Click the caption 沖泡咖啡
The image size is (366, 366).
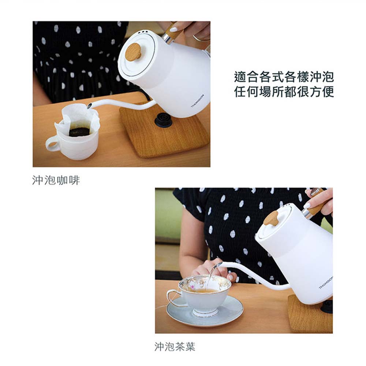coord(56,180)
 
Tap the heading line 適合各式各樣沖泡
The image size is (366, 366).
coord(284,77)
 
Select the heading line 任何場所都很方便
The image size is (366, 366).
coord(284,91)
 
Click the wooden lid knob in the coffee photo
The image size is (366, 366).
coord(133,52)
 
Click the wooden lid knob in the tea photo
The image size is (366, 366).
coord(271,218)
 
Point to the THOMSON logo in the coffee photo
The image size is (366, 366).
coord(198,101)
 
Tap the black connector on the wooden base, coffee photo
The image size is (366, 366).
coord(163,119)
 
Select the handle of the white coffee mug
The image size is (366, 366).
coord(52,143)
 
